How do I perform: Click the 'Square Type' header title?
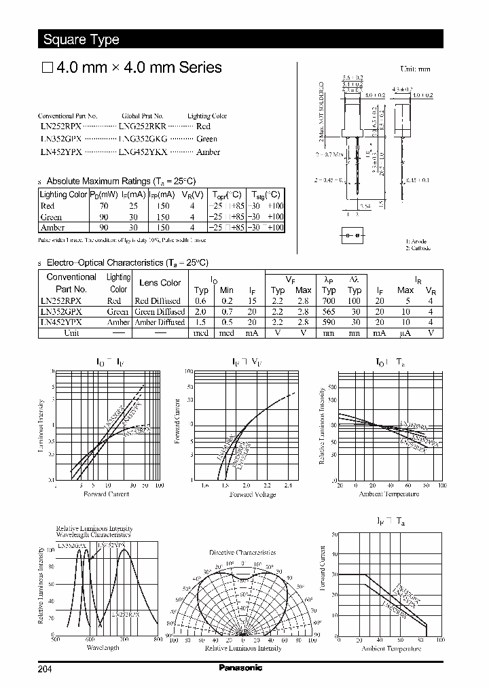pyautogui.click(x=81, y=39)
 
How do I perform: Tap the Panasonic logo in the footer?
pyautogui.click(x=240, y=668)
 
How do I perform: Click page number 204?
pyautogui.click(x=45, y=669)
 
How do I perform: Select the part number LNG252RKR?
pyautogui.click(x=142, y=126)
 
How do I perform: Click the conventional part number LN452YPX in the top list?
pyautogui.click(x=60, y=152)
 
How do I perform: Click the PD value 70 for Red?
pyautogui.click(x=104, y=206)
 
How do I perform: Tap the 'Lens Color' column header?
pyautogui.click(x=160, y=283)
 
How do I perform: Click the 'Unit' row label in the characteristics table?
pyautogui.click(x=71, y=333)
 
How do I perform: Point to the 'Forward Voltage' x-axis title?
pyautogui.click(x=253, y=494)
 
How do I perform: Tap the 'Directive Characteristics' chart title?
pyautogui.click(x=242, y=553)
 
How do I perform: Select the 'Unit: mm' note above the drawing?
pyautogui.click(x=415, y=69)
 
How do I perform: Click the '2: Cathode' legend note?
pyautogui.click(x=418, y=248)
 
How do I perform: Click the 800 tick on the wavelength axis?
pyautogui.click(x=158, y=640)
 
